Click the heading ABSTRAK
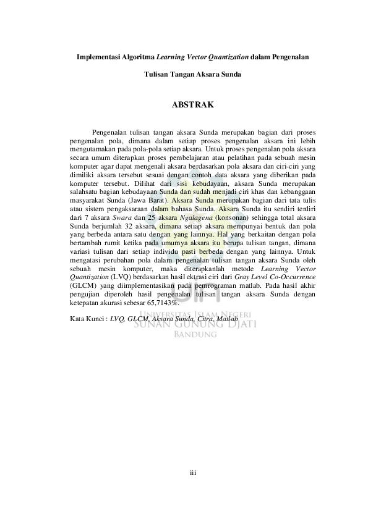[x=192, y=104]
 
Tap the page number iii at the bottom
[x=192, y=473]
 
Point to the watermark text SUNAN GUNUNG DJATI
[x=195, y=324]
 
